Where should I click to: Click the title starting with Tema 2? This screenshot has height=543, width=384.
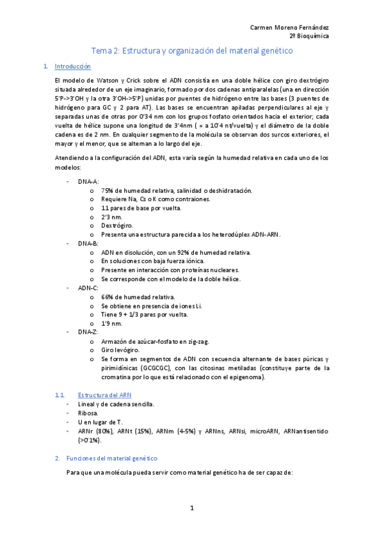pyautogui.click(x=192, y=50)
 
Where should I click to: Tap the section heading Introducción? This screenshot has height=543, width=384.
pyautogui.click(x=73, y=66)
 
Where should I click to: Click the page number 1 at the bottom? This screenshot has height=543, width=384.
pyautogui.click(x=191, y=508)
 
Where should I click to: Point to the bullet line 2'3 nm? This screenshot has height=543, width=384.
pyautogui.click(x=111, y=217)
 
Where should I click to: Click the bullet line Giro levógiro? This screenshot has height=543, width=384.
pyautogui.click(x=120, y=350)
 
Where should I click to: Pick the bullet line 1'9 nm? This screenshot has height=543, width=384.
pyautogui.click(x=111, y=323)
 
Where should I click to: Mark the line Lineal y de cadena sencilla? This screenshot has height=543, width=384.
pyautogui.click(x=116, y=404)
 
